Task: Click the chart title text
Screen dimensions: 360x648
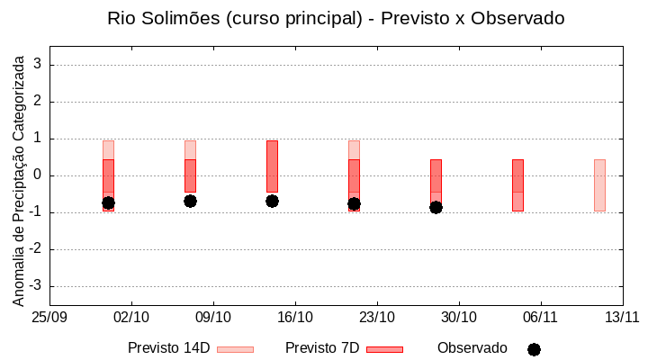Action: point(335,19)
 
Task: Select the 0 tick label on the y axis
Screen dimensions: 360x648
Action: point(38,175)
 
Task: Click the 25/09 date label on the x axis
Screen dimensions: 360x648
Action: point(49,318)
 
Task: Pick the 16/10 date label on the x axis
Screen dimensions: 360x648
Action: point(295,318)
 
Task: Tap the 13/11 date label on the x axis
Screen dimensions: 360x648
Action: point(622,318)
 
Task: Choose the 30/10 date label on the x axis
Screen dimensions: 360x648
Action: point(459,318)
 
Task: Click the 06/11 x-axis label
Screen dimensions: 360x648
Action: point(540,318)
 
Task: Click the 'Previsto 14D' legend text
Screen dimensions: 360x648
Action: point(168,348)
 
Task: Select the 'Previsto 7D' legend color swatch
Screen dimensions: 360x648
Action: point(384,349)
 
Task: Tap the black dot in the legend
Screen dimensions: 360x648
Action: point(534,349)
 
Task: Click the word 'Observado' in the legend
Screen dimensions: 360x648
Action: point(472,348)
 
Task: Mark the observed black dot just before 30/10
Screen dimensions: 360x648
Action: point(436,207)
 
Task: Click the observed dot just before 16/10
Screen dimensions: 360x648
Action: point(272,201)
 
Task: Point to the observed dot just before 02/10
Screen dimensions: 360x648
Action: point(108,203)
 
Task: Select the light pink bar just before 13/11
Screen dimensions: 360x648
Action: point(599,184)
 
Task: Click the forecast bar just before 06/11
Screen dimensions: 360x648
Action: point(517,184)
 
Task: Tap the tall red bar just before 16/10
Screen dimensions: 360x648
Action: point(272,166)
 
